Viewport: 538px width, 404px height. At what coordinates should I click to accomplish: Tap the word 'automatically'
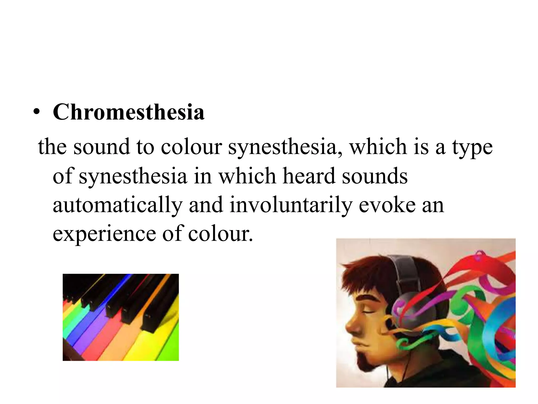[118, 205]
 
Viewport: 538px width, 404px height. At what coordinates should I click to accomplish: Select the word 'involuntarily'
[291, 205]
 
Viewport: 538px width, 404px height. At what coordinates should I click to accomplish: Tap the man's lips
[357, 341]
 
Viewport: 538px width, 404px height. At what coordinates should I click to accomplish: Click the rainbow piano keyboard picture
[121, 317]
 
